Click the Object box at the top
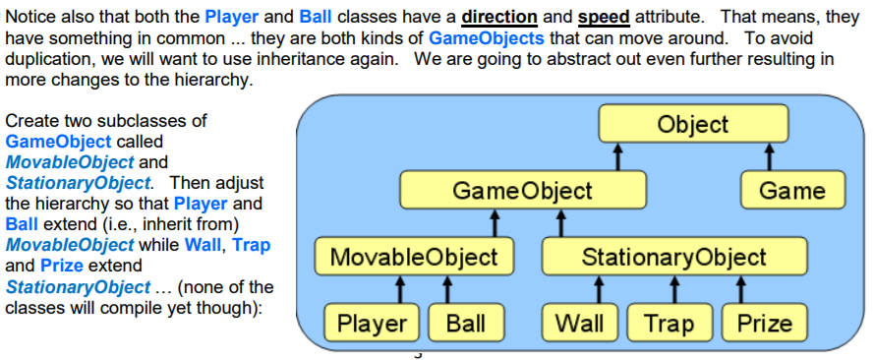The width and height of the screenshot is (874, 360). pos(693,124)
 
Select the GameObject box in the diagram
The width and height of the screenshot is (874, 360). pos(522,190)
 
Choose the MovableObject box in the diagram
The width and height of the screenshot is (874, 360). pos(413,258)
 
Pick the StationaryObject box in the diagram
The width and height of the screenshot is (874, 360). pos(673,258)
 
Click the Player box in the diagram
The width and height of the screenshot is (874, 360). pos(372,323)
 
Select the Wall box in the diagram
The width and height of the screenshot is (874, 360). pos(580,323)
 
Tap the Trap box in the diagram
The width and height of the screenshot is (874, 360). pos(668,323)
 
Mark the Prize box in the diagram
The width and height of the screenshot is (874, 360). pos(764,323)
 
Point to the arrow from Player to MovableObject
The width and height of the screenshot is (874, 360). pos(401,290)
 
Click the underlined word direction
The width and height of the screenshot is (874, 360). pos(500,18)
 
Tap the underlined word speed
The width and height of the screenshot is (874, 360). pos(603,18)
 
